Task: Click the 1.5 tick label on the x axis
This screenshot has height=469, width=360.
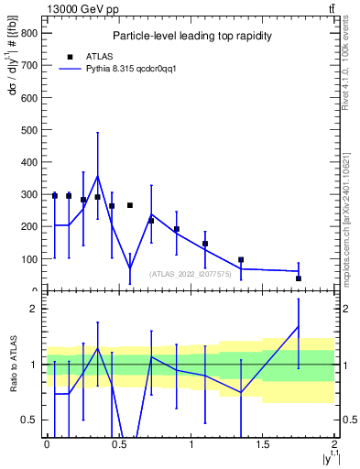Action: coord(263,445)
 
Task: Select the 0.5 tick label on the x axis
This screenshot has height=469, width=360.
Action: coord(118,445)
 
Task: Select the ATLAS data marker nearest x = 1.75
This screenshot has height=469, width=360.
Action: coord(299,278)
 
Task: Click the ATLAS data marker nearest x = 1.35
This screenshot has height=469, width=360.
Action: coord(241,260)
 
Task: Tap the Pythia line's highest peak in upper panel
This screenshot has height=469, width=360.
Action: coord(98,176)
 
